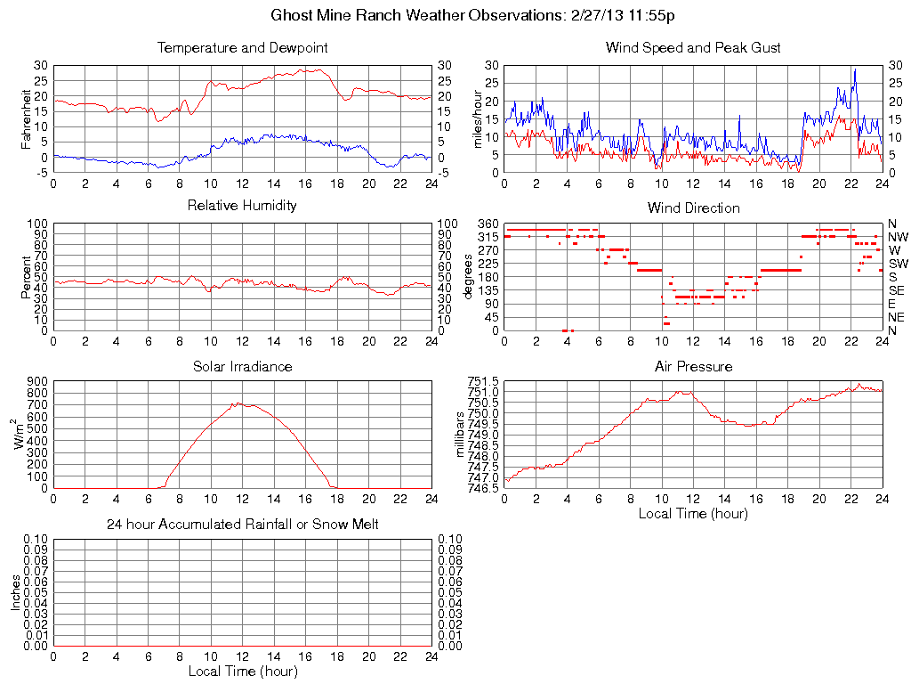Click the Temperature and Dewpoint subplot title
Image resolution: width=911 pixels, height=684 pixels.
point(242,47)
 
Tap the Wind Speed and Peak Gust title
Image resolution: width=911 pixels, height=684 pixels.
point(693,47)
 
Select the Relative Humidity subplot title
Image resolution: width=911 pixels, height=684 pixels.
point(242,206)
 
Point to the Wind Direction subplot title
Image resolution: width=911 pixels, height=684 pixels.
point(693,208)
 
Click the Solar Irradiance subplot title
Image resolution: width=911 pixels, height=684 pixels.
point(242,366)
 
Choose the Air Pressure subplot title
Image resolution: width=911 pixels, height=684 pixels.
point(693,366)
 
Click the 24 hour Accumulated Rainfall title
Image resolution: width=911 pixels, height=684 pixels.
point(242,525)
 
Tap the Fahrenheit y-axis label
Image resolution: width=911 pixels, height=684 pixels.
point(26,118)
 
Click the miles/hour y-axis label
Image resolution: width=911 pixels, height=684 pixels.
point(477,118)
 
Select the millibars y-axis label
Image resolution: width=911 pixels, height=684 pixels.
point(460,434)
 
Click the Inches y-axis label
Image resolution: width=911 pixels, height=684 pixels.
point(15,592)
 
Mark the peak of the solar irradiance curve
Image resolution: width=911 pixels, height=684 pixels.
point(236,402)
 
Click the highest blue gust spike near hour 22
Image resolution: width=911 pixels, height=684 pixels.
point(855,69)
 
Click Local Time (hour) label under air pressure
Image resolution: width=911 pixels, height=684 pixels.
point(693,513)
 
